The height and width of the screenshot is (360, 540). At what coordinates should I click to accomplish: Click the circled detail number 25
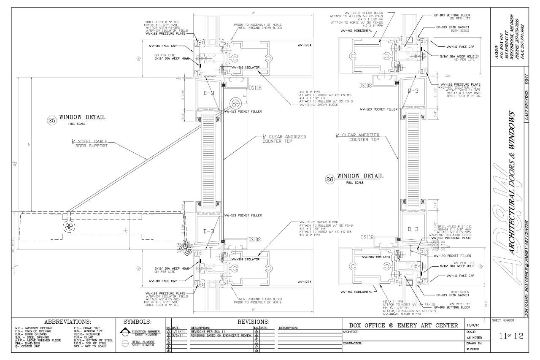click(52, 120)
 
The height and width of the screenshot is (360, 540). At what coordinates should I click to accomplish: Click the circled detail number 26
click(330, 179)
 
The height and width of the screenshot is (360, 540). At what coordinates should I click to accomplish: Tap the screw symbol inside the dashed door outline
click(69, 227)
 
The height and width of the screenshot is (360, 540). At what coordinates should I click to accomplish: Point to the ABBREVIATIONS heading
click(67, 322)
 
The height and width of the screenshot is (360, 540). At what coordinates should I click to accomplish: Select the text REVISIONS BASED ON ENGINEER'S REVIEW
click(221, 336)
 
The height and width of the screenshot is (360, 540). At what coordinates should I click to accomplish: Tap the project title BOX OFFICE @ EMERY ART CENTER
click(404, 325)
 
